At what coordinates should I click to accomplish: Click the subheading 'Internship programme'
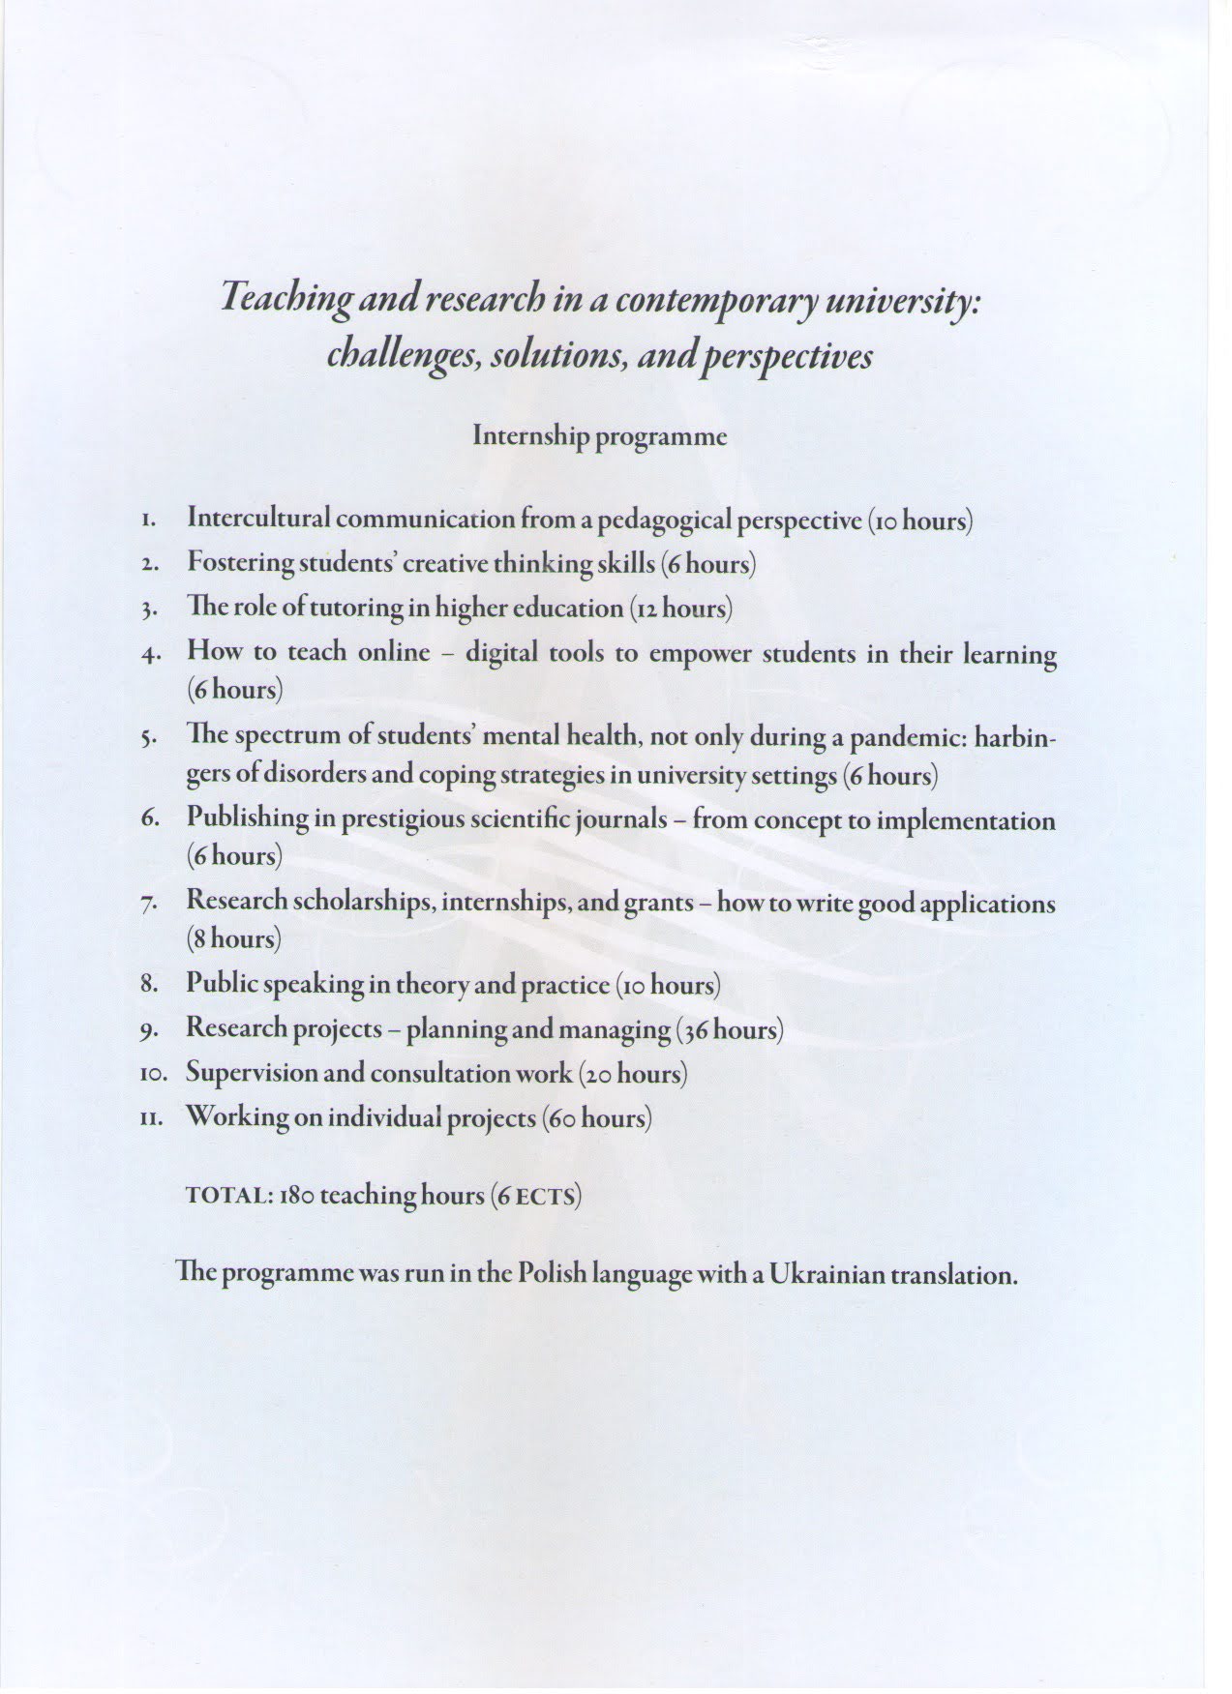tap(599, 436)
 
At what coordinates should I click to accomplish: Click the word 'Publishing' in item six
tap(247, 819)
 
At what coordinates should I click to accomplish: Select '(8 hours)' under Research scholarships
tap(234, 938)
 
